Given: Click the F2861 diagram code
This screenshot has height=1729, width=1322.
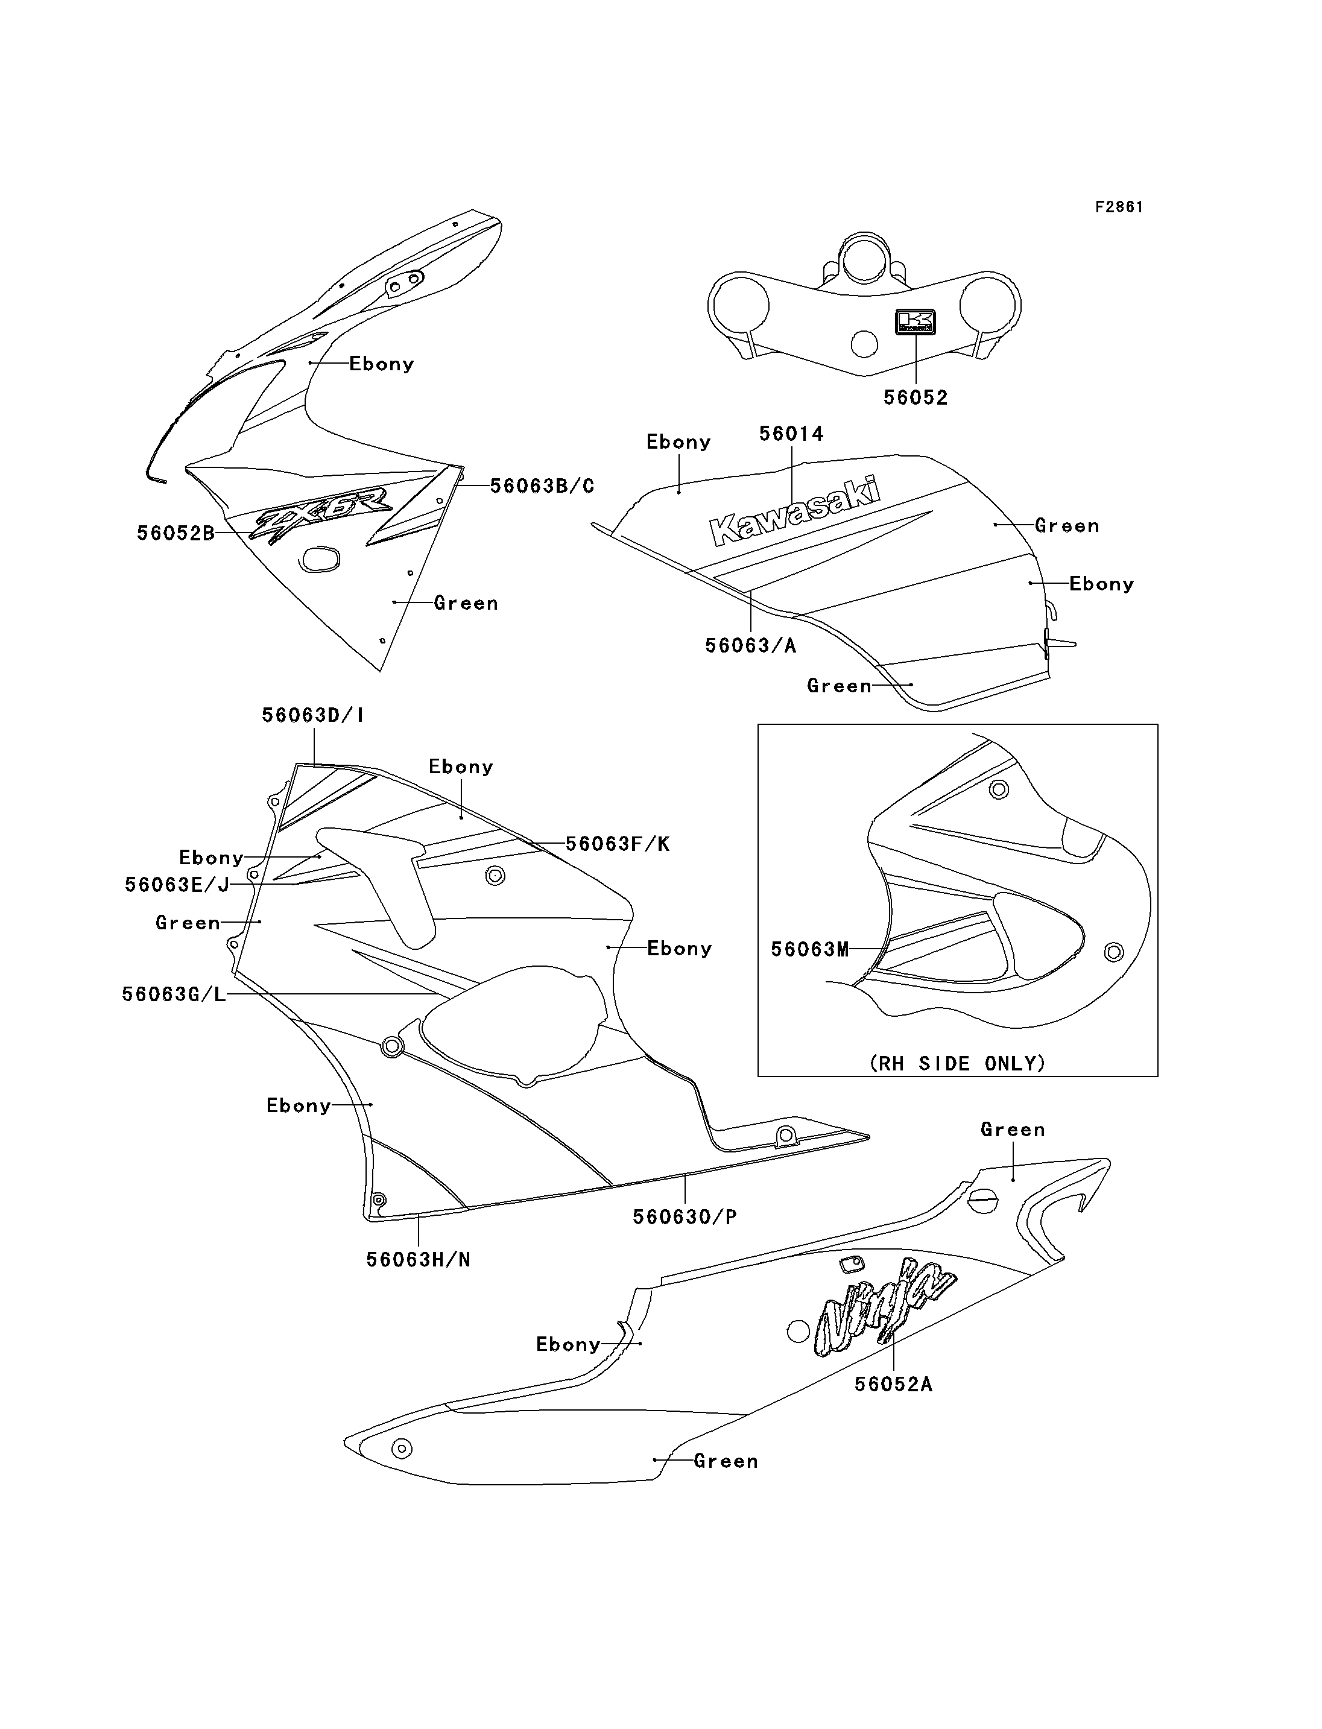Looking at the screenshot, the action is coord(1119,207).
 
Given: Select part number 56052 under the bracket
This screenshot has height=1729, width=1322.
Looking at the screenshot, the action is coord(916,397).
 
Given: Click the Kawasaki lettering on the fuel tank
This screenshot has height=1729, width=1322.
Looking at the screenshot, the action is coord(795,511).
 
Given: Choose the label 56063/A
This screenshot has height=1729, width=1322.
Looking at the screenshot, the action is coord(751,645).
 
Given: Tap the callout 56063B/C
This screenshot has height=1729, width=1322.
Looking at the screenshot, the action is coord(542,485).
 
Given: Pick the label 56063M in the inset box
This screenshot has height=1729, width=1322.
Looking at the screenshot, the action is coord(810,949).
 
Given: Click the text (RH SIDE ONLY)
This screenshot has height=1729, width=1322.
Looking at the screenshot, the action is coord(958,1063).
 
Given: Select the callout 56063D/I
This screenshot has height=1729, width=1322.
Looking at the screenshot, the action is coord(312,715).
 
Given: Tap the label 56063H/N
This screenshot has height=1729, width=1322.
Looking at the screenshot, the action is coord(418,1259).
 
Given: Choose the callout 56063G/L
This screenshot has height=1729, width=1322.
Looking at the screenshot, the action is coord(174,994).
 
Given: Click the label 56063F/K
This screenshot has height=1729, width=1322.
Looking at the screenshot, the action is coord(618,844).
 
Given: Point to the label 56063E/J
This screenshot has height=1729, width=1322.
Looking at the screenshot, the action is coord(177,885).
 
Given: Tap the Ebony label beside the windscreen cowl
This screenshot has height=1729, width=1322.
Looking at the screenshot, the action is coord(382,364).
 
